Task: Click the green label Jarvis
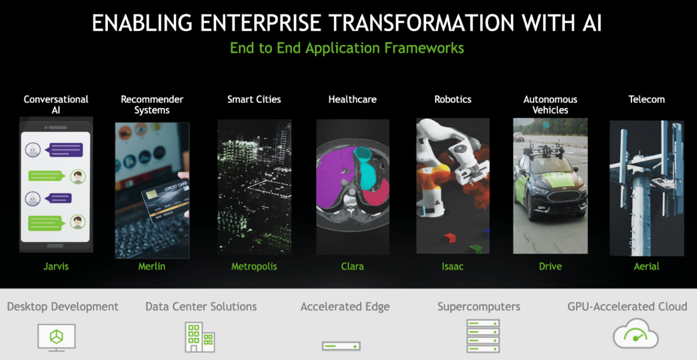pyautogui.click(x=56, y=266)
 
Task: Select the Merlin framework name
pyautogui.click(x=152, y=266)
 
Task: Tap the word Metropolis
pyautogui.click(x=254, y=267)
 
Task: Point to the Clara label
pyautogui.click(x=352, y=266)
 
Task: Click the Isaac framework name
pyautogui.click(x=453, y=266)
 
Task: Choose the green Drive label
pyautogui.click(x=550, y=266)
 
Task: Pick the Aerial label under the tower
pyautogui.click(x=646, y=266)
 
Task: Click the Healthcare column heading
pyautogui.click(x=352, y=99)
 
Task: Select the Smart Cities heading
pyautogui.click(x=254, y=99)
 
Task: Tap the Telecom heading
pyautogui.click(x=646, y=99)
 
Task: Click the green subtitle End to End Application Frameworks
pyautogui.click(x=347, y=48)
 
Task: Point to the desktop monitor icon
pyautogui.click(x=56, y=338)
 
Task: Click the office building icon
pyautogui.click(x=200, y=337)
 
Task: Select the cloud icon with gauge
pyautogui.click(x=635, y=333)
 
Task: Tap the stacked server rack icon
pyautogui.click(x=483, y=336)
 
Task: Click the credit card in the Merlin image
pyautogui.click(x=165, y=199)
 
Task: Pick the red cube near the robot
pyautogui.click(x=450, y=239)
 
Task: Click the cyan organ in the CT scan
pyautogui.click(x=366, y=169)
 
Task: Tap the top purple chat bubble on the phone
pyautogui.click(x=65, y=150)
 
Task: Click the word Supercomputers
pyautogui.click(x=479, y=307)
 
